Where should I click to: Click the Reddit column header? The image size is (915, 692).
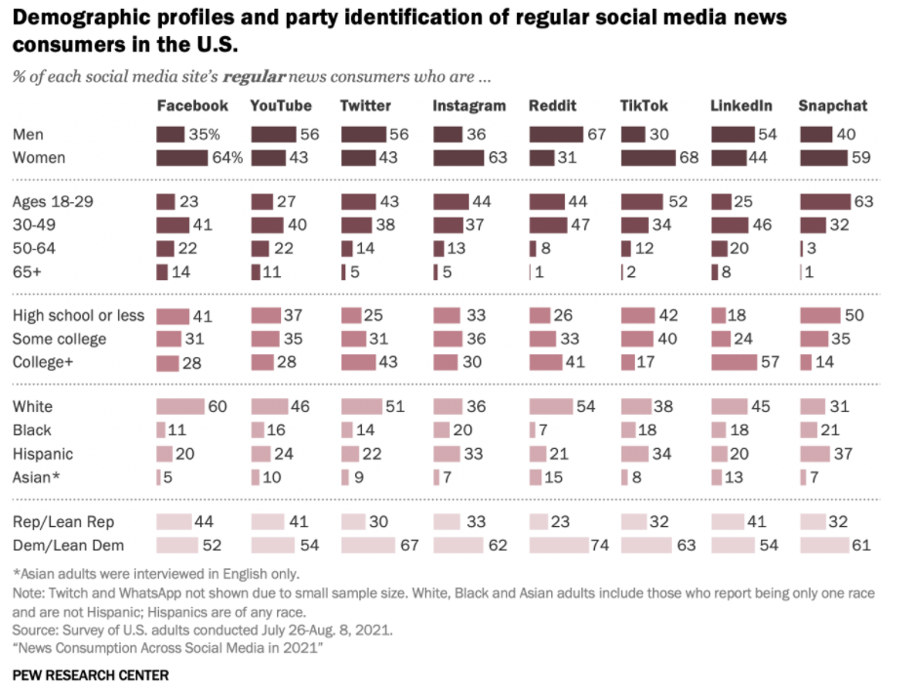pyautogui.click(x=552, y=105)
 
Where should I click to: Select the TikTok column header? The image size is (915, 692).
pyautogui.click(x=644, y=105)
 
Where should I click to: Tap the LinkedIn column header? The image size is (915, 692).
pyautogui.click(x=741, y=105)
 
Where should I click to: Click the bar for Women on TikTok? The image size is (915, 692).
pyautogui.click(x=648, y=157)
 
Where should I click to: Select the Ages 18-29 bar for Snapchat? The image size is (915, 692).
pyautogui.click(x=824, y=202)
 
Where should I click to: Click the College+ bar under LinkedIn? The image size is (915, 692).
pyautogui.click(x=734, y=362)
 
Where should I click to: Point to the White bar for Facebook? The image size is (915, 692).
pyautogui.click(x=179, y=406)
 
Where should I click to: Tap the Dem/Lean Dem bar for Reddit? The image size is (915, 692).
pyautogui.click(x=557, y=545)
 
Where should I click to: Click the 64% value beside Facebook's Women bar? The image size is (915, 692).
pyautogui.click(x=228, y=157)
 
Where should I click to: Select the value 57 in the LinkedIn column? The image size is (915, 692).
pyautogui.click(x=769, y=362)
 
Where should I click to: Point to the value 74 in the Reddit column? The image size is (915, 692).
pyautogui.click(x=599, y=545)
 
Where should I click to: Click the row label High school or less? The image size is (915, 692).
pyautogui.click(x=78, y=315)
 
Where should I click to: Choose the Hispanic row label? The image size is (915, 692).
pyautogui.click(x=42, y=453)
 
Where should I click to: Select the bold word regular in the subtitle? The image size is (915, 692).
pyautogui.click(x=254, y=76)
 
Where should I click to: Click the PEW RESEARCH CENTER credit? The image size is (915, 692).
pyautogui.click(x=90, y=674)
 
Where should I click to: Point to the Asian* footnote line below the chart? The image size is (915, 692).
pyautogui.click(x=156, y=573)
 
